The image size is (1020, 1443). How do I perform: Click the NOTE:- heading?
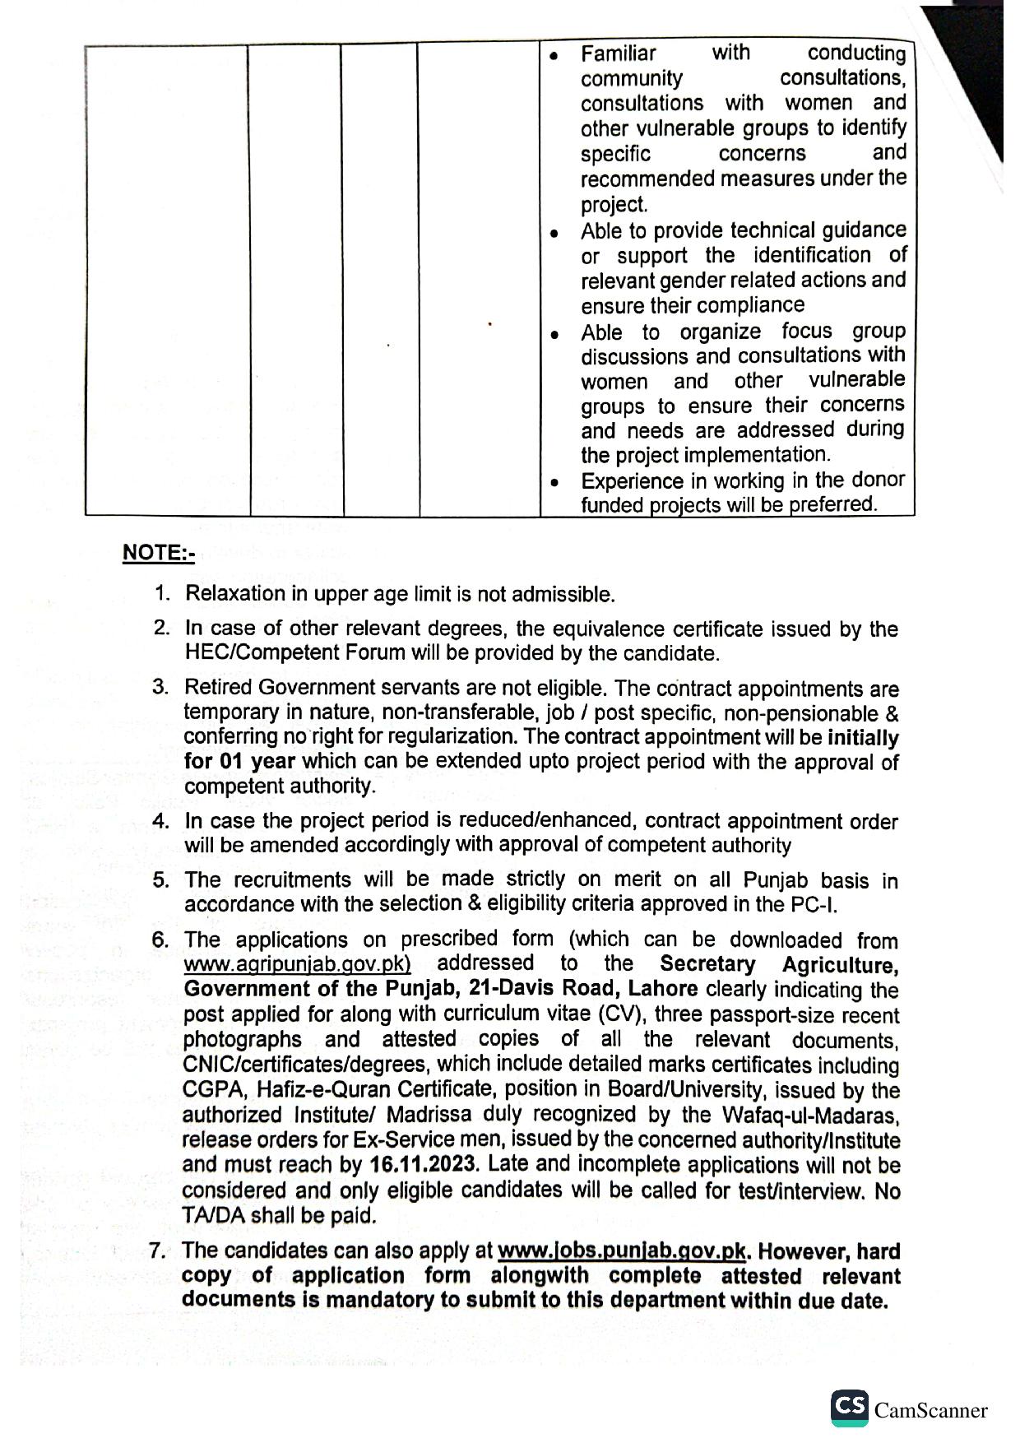[x=158, y=553]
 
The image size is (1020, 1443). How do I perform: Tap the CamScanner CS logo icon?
[x=849, y=1408]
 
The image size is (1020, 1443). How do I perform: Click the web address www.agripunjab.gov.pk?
[x=297, y=965]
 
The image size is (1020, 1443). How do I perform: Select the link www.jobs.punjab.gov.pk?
[x=622, y=1252]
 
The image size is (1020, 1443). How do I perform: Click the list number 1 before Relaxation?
[x=162, y=593]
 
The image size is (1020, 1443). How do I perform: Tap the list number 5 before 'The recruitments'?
[x=160, y=880]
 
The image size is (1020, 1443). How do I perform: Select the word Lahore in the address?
[x=663, y=989]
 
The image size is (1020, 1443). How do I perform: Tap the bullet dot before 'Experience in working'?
[x=556, y=483]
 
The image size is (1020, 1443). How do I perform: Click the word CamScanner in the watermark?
[x=930, y=1411]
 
